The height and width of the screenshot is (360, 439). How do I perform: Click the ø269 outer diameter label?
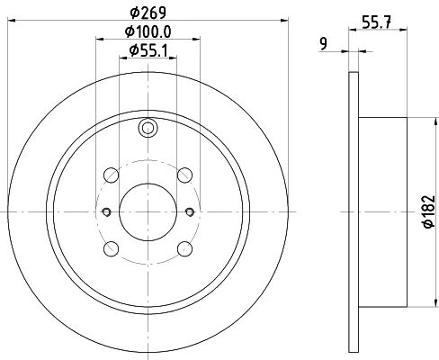pos(148,13)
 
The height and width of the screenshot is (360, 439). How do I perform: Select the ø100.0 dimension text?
pos(148,31)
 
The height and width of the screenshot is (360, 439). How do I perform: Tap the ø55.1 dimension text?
pos(148,50)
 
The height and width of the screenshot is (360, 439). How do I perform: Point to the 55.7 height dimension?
pos(377,22)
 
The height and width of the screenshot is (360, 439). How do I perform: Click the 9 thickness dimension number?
pos(323,44)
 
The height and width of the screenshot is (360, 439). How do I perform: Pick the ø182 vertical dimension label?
pos(429,211)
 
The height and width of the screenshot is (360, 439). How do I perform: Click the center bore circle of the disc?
pos(148,212)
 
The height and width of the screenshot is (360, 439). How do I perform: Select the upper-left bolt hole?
pos(111,175)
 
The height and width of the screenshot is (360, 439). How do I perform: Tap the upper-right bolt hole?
pos(184,175)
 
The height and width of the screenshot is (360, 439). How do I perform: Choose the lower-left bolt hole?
pos(111,249)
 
